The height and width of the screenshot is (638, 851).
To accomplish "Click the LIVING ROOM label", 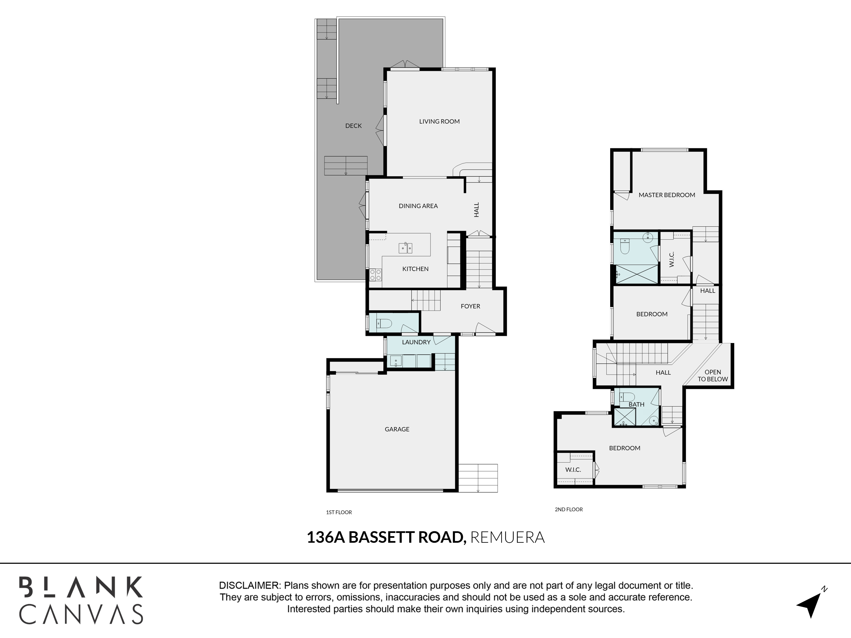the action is tap(439, 121).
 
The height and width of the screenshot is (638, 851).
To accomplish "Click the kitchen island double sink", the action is tap(406, 248).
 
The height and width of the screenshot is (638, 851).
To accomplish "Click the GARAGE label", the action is tap(397, 429).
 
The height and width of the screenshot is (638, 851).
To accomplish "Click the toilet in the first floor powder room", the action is tap(384, 324).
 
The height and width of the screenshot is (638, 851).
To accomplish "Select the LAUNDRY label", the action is tap(416, 342).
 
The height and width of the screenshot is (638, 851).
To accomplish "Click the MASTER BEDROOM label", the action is tap(667, 195).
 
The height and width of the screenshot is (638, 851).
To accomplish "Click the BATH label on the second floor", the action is tap(636, 404).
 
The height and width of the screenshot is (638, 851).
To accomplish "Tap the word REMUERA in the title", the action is tap(507, 537).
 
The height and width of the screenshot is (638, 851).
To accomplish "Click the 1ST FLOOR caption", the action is tap(339, 512).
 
